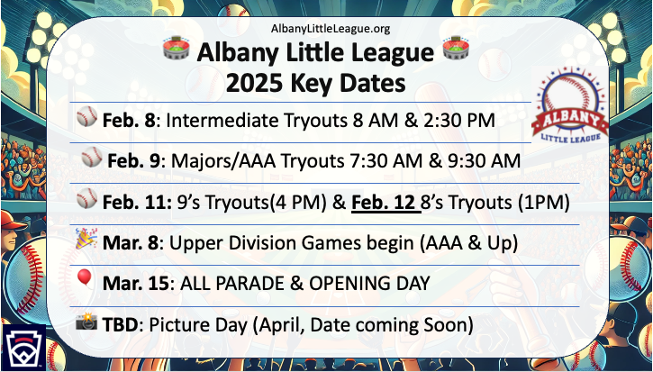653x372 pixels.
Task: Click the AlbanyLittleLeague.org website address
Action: [331, 29]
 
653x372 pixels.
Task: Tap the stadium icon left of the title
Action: [176, 47]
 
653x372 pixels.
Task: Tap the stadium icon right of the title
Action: [456, 47]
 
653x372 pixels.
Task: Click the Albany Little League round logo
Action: [570, 105]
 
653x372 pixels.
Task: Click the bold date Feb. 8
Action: [130, 121]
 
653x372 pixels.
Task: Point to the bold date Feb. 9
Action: [133, 161]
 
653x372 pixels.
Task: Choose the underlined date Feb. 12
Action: [386, 203]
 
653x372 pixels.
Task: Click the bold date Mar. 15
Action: [136, 284]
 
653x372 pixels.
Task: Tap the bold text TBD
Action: [120, 325]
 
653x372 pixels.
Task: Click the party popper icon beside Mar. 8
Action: [86, 239]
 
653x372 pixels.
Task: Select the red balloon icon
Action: [85, 278]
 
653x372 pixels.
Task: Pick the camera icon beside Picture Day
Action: [86, 321]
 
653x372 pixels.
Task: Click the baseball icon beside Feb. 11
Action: [87, 198]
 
